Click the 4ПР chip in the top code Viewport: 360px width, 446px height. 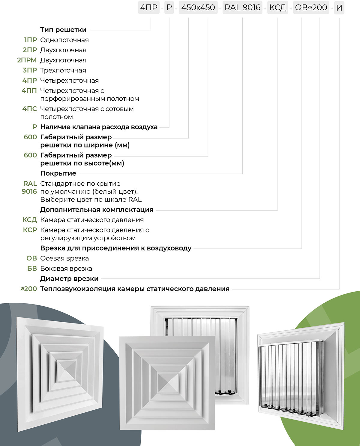[149, 8]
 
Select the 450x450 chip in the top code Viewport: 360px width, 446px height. [198, 8]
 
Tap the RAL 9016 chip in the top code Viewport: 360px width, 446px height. [242, 8]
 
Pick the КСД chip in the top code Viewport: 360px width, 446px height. [277, 8]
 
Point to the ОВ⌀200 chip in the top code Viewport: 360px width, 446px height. [311, 8]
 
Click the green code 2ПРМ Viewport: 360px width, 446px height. [27, 60]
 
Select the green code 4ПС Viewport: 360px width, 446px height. [29, 109]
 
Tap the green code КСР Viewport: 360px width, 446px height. [30, 230]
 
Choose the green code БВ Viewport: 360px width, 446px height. [32, 269]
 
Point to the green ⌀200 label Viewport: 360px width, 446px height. [29, 289]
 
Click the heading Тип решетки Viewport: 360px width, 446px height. [63, 30]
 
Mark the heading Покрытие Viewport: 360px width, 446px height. [58, 173]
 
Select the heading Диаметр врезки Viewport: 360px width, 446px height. [69, 279]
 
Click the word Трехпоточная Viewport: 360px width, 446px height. [63, 71]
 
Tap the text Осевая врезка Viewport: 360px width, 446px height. [64, 258]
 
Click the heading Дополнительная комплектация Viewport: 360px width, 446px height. [97, 210]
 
